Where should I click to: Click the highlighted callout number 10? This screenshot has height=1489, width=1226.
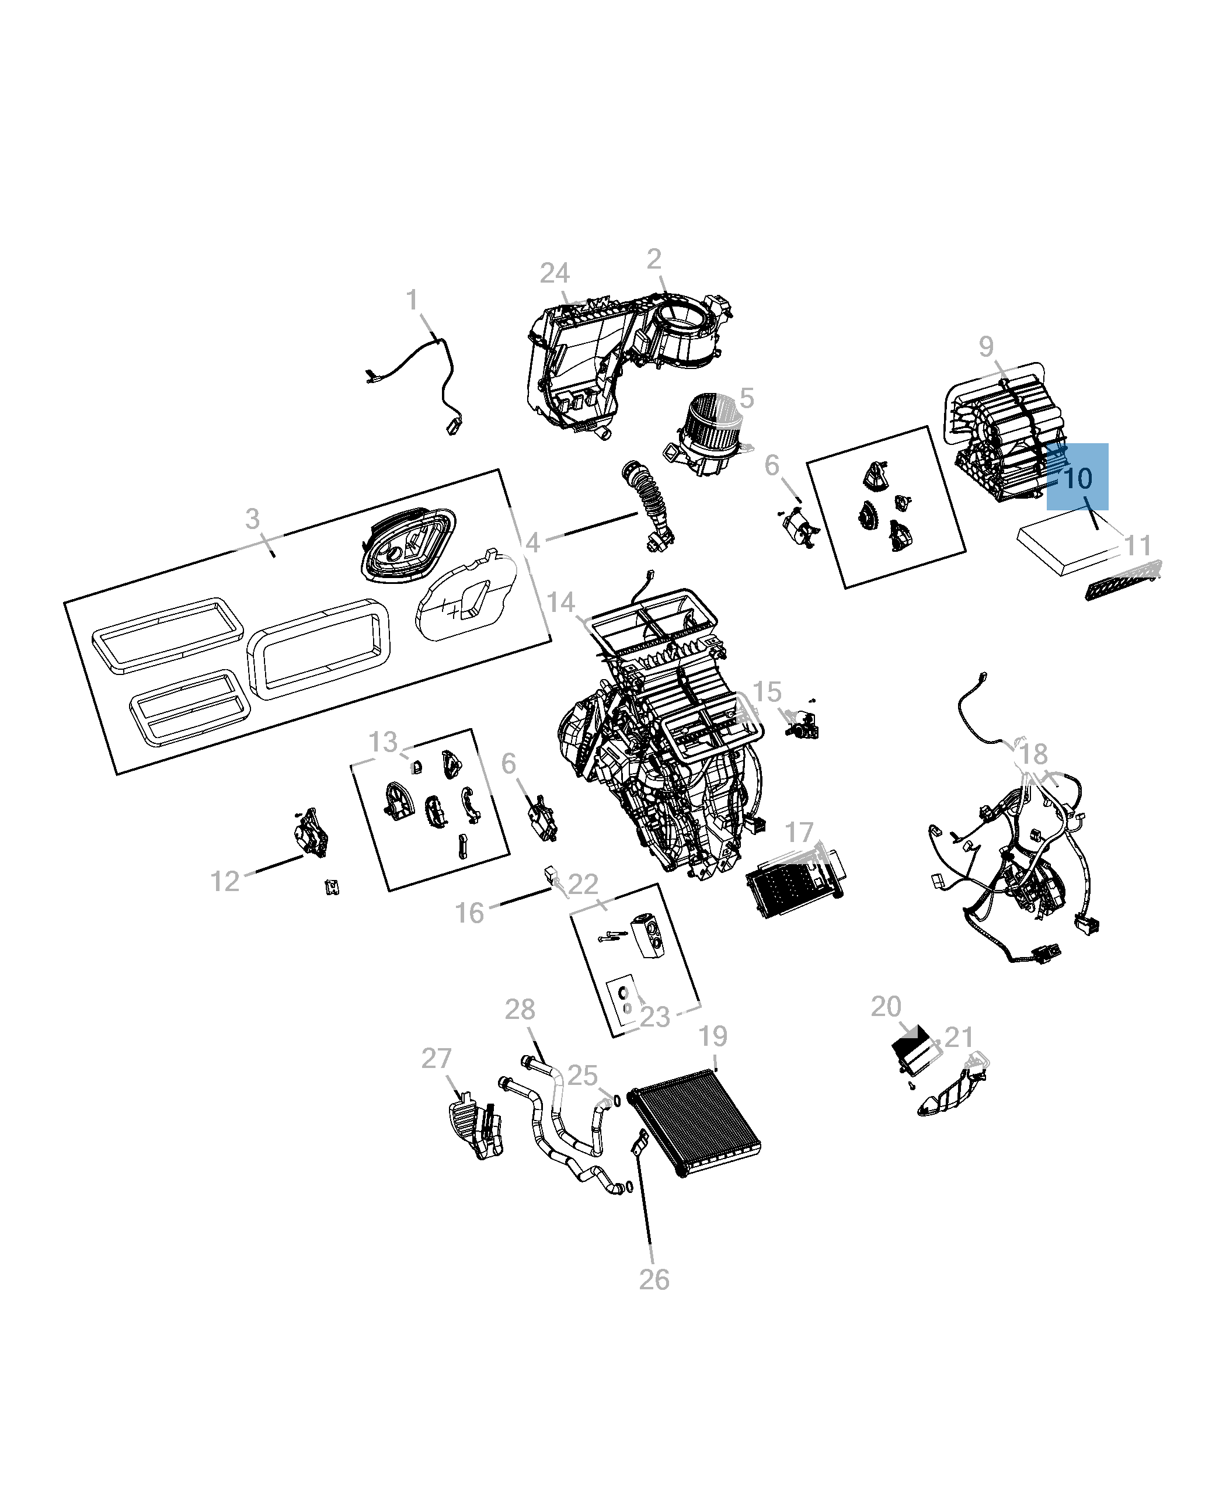click(1077, 479)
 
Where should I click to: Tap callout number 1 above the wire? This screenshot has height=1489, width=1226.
click(412, 300)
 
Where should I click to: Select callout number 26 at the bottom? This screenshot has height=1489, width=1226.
click(654, 1279)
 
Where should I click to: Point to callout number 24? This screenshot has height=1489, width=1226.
click(555, 273)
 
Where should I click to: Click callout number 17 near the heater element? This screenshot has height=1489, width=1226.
click(799, 832)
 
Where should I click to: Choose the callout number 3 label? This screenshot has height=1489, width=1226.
click(252, 519)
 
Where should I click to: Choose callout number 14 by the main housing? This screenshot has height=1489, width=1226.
click(560, 603)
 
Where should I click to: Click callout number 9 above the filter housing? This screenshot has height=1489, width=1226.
click(987, 346)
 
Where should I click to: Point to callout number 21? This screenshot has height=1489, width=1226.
click(959, 1037)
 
